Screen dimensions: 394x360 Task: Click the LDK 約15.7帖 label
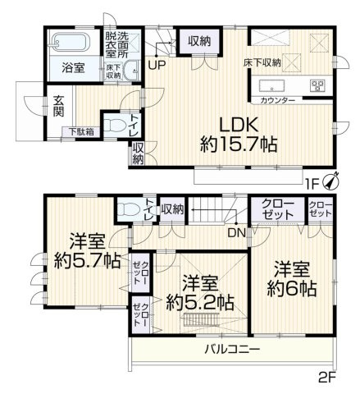(238, 134)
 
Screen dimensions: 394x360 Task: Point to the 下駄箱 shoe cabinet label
(80, 131)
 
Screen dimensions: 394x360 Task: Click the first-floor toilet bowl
(117, 126)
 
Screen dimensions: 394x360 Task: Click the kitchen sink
(271, 85)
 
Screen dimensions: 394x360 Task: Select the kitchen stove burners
(318, 85)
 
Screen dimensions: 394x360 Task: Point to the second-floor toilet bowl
(125, 210)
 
